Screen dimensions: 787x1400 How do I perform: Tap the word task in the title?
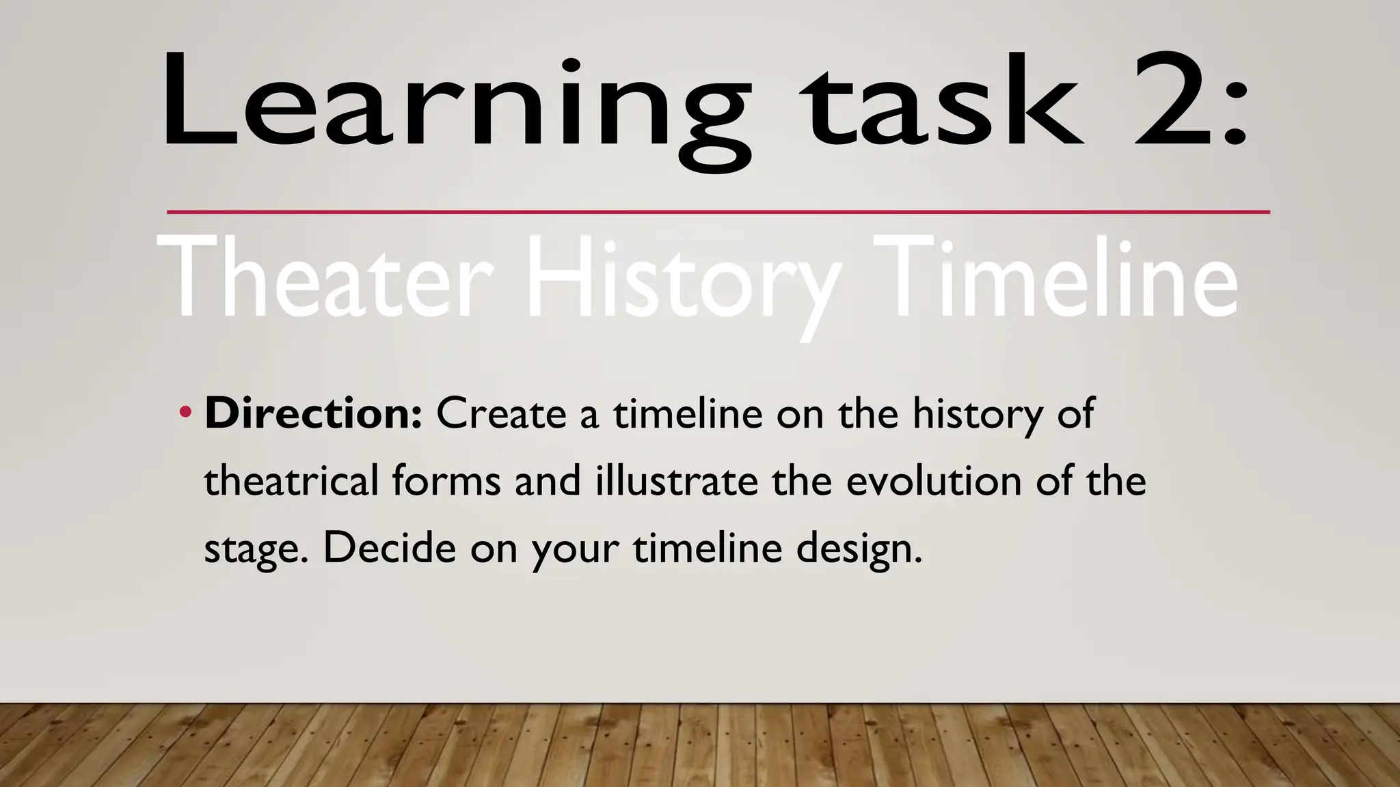[x=943, y=102]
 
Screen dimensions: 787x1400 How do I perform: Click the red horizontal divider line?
[x=718, y=212]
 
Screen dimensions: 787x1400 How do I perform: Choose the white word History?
[x=684, y=280]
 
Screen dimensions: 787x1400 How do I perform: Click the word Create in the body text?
[x=501, y=413]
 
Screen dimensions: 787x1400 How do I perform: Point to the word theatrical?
[x=291, y=480]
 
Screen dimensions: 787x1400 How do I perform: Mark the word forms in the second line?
[x=446, y=480]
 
